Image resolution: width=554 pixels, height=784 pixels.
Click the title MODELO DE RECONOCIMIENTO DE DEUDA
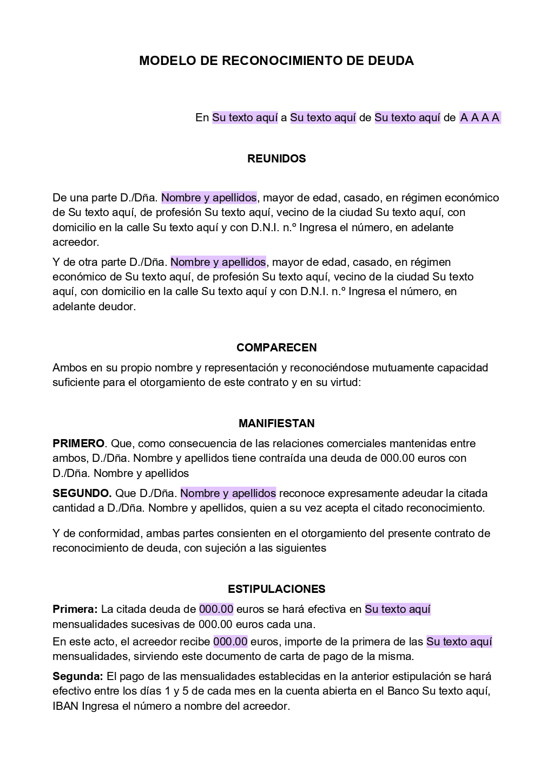[x=276, y=61]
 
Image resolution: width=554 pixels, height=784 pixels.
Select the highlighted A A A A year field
[x=480, y=117]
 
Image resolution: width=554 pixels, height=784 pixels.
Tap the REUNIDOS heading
[x=276, y=159]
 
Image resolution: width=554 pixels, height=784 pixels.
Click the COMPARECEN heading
[x=276, y=348]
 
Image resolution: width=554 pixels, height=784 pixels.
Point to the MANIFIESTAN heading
[x=276, y=423]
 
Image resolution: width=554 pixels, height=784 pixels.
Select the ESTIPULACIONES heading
[x=276, y=589]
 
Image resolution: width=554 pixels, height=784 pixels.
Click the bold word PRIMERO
[x=78, y=443]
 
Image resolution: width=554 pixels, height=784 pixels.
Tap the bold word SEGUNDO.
[x=82, y=493]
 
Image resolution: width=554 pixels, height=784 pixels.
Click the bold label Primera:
[x=75, y=609]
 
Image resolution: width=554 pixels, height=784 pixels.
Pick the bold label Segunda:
[x=78, y=676]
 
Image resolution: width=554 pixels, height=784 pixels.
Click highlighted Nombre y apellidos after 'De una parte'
[x=209, y=198]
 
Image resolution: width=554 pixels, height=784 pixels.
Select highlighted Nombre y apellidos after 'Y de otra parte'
[x=218, y=262]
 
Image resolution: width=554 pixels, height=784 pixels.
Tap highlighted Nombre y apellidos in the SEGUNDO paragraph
[x=228, y=493]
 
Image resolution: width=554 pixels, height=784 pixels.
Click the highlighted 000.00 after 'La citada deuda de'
[x=216, y=609]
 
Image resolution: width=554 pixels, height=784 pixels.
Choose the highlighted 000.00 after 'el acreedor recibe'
[x=230, y=642]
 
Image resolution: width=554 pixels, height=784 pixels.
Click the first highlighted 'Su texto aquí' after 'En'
[x=245, y=117]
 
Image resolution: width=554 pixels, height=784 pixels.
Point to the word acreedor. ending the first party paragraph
[x=76, y=242]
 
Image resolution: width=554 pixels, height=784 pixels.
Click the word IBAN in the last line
[x=65, y=706]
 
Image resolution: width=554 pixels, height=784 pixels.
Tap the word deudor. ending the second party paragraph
[x=118, y=306]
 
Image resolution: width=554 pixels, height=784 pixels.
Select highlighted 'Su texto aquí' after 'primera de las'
[x=459, y=642]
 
